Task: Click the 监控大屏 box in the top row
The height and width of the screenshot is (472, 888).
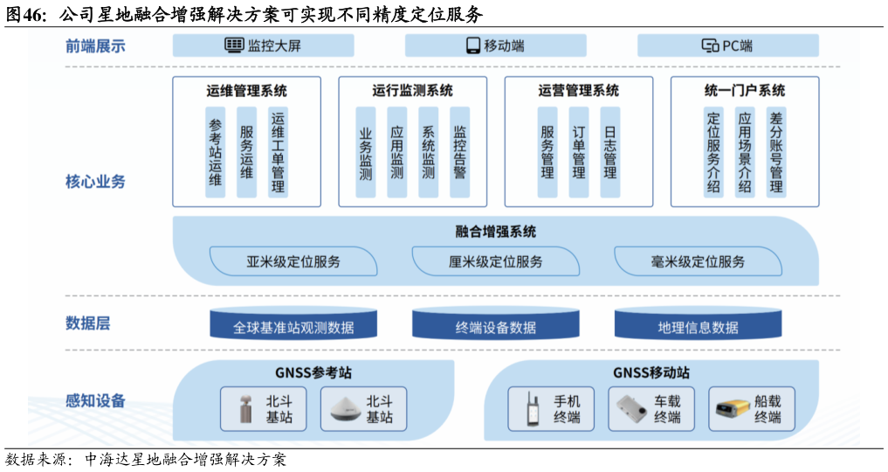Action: point(263,45)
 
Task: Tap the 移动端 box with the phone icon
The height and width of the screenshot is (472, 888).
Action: point(495,45)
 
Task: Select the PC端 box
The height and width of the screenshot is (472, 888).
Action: point(727,45)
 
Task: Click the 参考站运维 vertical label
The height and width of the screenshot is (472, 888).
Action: point(216,152)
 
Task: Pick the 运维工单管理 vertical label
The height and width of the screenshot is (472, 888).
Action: point(278,152)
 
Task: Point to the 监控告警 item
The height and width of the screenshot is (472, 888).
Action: point(459,152)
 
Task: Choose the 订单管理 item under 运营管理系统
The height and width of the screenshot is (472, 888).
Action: point(578,152)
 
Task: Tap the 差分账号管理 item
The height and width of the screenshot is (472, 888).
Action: point(776,152)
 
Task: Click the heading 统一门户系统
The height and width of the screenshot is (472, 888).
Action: point(745,90)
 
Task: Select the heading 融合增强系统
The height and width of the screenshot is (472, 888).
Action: point(495,232)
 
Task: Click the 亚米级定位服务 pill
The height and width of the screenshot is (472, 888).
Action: point(293,261)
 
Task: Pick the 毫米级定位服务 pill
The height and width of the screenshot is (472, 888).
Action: point(699,261)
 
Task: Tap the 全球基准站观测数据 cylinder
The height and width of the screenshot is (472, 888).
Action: point(293,326)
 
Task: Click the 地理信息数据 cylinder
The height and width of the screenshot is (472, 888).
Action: point(699,326)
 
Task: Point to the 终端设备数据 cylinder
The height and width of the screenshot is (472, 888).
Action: point(495,326)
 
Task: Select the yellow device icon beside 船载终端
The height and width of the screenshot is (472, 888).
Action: point(730,409)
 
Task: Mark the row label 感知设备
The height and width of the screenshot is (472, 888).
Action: point(95,401)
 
